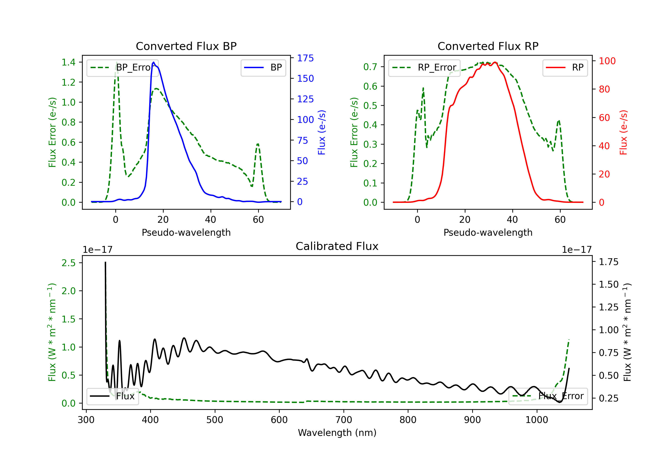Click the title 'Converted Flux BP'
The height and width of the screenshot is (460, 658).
point(186,46)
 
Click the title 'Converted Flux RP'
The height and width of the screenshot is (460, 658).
point(488,46)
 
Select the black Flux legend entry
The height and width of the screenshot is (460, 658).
point(113,396)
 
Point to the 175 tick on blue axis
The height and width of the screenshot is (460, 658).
point(305,58)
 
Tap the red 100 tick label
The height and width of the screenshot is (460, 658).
point(607,61)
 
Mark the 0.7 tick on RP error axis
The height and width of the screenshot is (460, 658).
point(370,67)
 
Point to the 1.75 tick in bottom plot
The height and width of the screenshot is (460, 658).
point(608,262)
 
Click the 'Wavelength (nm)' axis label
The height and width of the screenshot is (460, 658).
point(337,433)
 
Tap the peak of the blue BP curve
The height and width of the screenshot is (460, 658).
point(154,62)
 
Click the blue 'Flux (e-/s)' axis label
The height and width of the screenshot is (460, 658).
point(322,132)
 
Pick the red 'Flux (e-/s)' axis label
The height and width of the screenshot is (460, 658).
point(623,132)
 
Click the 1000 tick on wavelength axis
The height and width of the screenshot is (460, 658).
point(536,420)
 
